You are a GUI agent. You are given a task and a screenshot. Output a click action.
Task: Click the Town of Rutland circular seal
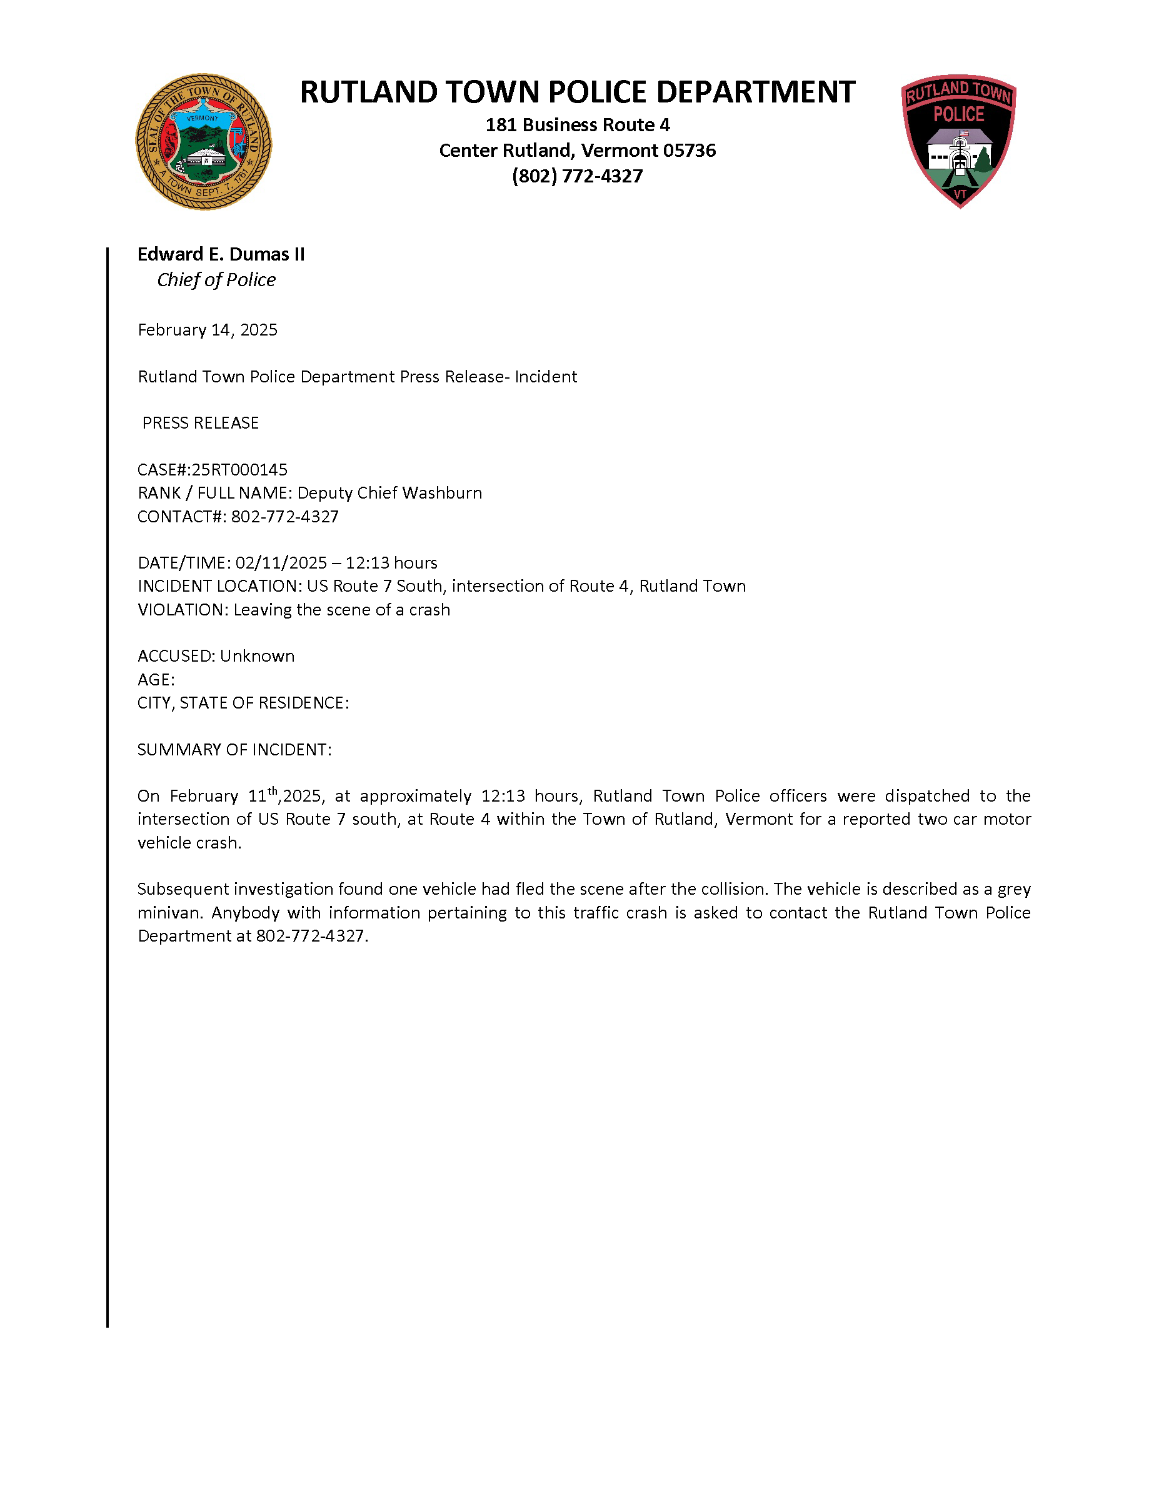203,142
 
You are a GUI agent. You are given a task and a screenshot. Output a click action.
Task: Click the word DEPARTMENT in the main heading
756,92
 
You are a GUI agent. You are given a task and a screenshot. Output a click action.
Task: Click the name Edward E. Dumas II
221,254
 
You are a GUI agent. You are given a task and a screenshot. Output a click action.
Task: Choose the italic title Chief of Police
216,280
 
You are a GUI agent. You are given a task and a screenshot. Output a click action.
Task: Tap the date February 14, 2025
207,329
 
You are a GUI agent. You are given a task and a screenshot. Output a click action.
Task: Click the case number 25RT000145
239,469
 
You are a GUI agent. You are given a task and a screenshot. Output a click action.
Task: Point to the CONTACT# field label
181,517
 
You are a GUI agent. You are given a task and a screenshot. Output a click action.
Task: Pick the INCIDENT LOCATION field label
219,587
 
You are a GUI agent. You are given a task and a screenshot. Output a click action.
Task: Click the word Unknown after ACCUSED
257,655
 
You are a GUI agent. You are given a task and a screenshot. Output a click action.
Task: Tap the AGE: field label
156,679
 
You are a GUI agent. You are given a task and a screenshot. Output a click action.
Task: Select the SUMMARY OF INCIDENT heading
234,750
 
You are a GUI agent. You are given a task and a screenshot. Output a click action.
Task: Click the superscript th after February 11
273,790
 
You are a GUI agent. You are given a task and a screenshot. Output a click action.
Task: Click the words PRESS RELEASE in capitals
200,423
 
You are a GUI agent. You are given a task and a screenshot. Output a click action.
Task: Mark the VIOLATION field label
182,610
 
